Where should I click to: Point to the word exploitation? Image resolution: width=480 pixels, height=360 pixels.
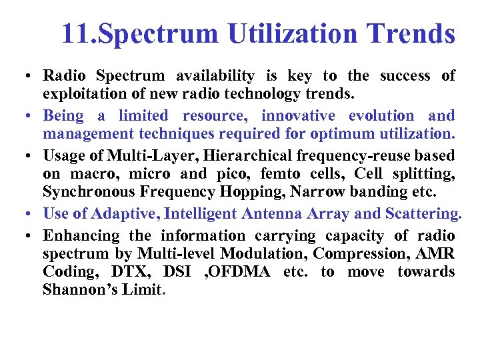click(x=83, y=93)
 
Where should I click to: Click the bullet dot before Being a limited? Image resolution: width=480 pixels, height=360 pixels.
click(x=33, y=117)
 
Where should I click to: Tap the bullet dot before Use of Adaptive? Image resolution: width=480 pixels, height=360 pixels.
click(x=33, y=215)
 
